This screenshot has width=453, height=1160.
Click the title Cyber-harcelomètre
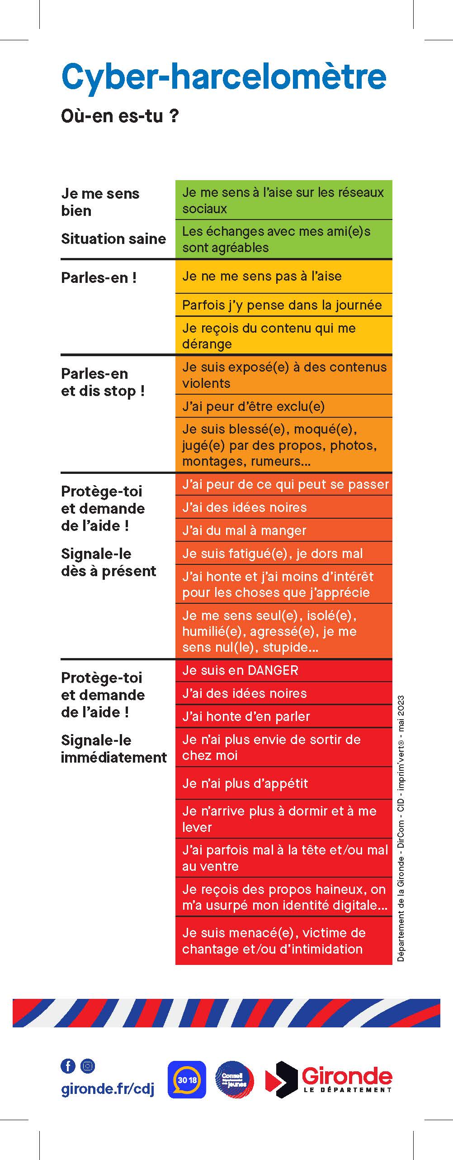pyautogui.click(x=224, y=77)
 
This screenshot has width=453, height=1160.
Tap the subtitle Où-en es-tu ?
pyautogui.click(x=120, y=116)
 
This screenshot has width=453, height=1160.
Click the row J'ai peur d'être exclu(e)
pyautogui.click(x=283, y=406)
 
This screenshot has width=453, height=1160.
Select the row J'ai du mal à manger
pyautogui.click(x=283, y=530)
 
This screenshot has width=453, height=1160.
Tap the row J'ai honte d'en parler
pyautogui.click(x=283, y=716)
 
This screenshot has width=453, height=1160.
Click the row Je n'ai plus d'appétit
pyautogui.click(x=283, y=783)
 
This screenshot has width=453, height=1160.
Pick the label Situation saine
pyautogui.click(x=113, y=239)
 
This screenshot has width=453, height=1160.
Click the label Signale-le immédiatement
pyautogui.click(x=113, y=749)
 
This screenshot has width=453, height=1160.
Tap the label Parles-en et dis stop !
pyautogui.click(x=103, y=382)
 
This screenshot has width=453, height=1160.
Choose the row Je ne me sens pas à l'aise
pyautogui.click(x=283, y=276)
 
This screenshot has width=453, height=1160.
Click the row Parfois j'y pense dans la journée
pyautogui.click(x=283, y=305)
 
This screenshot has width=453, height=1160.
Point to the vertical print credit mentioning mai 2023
pyautogui.click(x=401, y=828)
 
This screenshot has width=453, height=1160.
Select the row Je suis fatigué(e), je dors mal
pyautogui.click(x=283, y=553)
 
